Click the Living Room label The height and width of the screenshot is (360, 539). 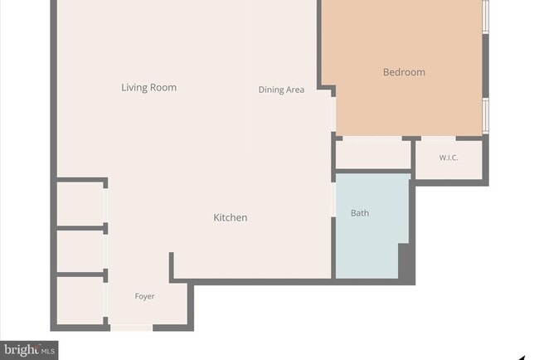(x=148, y=87)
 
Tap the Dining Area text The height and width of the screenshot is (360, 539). (x=281, y=90)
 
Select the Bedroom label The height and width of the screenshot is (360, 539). (x=404, y=72)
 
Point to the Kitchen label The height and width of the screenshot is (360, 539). (x=231, y=217)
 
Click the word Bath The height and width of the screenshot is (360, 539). (x=360, y=213)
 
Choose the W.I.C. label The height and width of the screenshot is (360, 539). (x=449, y=158)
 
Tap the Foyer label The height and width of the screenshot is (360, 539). (x=144, y=296)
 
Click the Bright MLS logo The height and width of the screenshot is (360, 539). (x=29, y=350)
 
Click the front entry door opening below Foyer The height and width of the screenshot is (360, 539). (x=131, y=328)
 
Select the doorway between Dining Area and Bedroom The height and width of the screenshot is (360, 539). (x=333, y=114)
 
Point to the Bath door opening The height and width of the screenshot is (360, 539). (x=333, y=200)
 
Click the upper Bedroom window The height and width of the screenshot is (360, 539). (x=485, y=17)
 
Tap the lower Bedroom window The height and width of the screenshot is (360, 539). (x=485, y=116)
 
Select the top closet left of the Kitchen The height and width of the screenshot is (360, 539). (x=80, y=203)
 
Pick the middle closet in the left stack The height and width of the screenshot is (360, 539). (x=80, y=251)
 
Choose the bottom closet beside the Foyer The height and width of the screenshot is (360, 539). (x=80, y=300)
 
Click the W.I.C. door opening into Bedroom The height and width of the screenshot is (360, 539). (x=439, y=139)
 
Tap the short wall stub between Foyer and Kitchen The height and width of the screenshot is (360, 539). (x=171, y=267)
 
